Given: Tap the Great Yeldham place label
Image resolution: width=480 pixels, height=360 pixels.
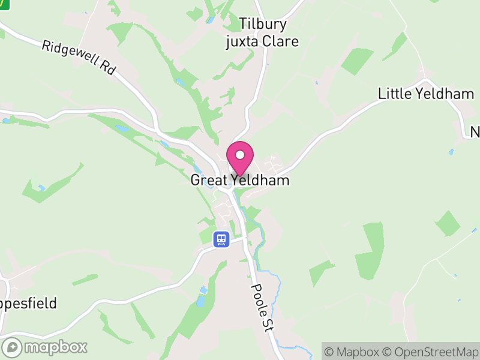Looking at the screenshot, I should (240, 180).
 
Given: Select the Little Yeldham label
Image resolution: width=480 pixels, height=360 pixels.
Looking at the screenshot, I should (426, 94).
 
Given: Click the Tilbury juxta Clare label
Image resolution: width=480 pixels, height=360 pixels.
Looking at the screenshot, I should (262, 33).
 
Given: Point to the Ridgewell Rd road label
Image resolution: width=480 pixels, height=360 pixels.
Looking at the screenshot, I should (79, 58).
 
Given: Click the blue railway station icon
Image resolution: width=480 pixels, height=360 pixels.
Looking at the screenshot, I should (221, 239).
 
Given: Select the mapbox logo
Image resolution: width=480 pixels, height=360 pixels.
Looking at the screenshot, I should (45, 347).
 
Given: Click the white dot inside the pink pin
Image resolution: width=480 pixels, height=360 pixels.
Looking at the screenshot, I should (240, 155).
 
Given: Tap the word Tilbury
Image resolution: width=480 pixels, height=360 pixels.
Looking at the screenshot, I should (263, 25).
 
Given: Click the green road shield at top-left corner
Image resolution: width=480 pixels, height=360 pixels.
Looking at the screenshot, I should (4, 4).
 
